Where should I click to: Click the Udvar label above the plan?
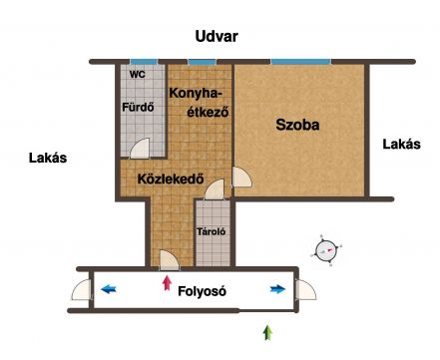217,36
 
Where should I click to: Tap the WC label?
138,74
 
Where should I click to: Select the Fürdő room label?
138,107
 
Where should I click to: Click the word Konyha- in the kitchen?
196,94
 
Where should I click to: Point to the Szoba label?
297,125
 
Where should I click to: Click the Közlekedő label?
171,179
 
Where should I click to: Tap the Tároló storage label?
212,231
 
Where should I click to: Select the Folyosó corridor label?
202,291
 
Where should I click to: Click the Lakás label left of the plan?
48,158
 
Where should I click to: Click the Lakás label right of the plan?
401,145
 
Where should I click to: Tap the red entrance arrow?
167,283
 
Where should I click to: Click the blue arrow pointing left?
109,289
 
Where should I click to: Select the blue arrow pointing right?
278,289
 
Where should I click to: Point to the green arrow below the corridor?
267,333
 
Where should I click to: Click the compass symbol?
326,250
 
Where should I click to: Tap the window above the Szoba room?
301,62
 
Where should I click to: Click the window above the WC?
144,62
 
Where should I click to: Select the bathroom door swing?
140,149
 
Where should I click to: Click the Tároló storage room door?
215,189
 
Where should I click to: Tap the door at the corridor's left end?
82,290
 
